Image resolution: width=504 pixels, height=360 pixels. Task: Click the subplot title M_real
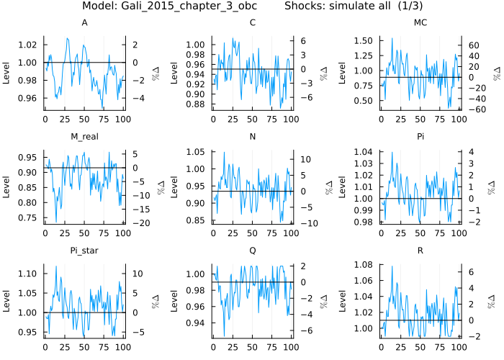tap(84, 137)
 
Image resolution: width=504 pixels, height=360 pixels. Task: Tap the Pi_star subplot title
tap(84, 251)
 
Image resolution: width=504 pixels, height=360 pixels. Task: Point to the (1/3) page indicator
tap(408, 6)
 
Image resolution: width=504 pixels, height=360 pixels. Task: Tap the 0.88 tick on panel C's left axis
tap(196, 104)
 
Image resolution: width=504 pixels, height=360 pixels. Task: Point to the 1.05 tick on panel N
tap(196, 152)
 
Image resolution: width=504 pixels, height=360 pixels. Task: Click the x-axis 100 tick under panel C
tap(291, 117)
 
